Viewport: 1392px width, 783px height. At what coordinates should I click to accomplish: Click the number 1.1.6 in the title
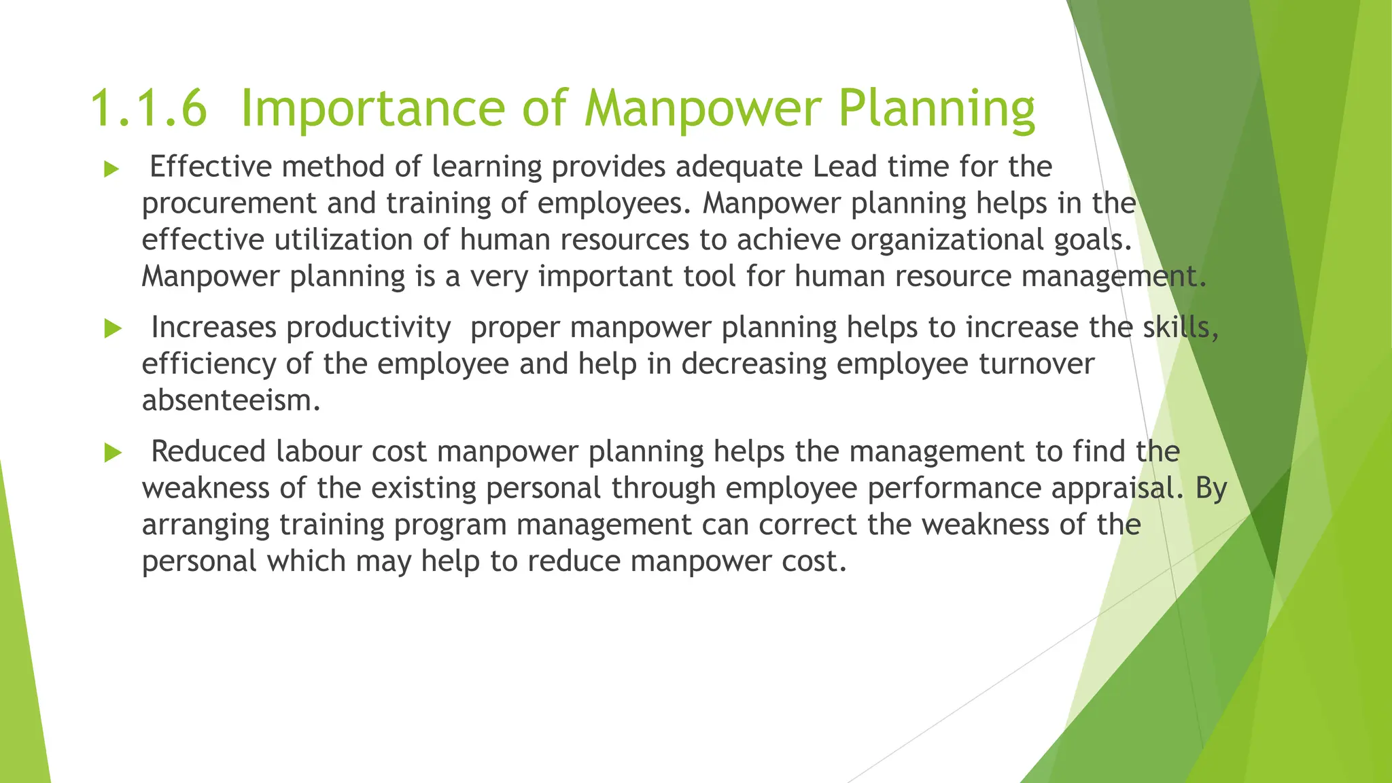[x=147, y=109]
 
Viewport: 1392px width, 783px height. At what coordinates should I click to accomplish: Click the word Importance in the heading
[x=372, y=109]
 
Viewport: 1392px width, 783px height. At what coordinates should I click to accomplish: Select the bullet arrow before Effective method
[x=111, y=169]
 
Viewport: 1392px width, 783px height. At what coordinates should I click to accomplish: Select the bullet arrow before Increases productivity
[x=113, y=330]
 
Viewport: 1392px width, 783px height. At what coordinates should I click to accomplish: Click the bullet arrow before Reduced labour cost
[x=113, y=453]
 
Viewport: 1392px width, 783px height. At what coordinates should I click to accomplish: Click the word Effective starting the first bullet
[x=210, y=167]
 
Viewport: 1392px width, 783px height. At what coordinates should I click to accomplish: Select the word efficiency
[x=208, y=364]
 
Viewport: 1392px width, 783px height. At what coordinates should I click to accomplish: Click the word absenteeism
[x=230, y=400]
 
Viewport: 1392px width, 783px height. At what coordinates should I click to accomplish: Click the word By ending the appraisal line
[x=1211, y=489]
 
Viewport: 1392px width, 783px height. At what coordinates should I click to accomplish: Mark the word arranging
[x=205, y=525]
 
